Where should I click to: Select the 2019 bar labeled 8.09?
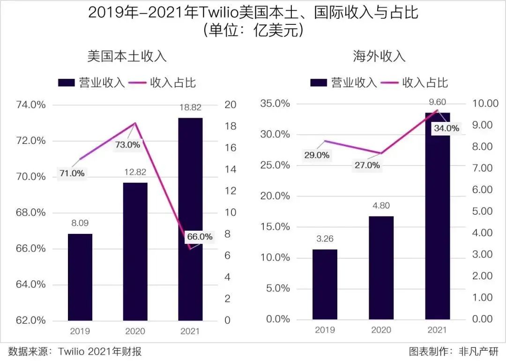[x=80, y=277]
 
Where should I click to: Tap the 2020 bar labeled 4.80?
[x=381, y=267]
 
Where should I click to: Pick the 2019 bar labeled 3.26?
[x=325, y=284]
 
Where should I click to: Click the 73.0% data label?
[x=127, y=145]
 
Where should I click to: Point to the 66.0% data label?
[x=200, y=237]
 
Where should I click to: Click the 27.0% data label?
[x=366, y=165]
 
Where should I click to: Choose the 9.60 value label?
[x=437, y=102]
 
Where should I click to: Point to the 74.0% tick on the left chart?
[x=32, y=105]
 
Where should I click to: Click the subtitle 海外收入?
[x=379, y=57]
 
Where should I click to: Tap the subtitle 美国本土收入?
[x=127, y=57]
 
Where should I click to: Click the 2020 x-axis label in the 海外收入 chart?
[x=381, y=330]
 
